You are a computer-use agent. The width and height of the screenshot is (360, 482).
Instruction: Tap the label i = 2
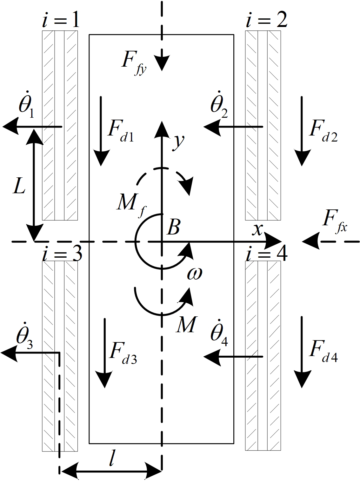[x=266, y=21]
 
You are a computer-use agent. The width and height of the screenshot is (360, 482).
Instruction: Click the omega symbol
[x=194, y=274]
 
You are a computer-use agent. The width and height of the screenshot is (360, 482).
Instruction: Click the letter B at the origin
[x=173, y=227]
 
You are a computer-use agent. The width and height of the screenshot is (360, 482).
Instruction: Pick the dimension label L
[x=19, y=188]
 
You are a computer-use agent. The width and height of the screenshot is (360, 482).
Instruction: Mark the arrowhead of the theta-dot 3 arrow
[x=8, y=353]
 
